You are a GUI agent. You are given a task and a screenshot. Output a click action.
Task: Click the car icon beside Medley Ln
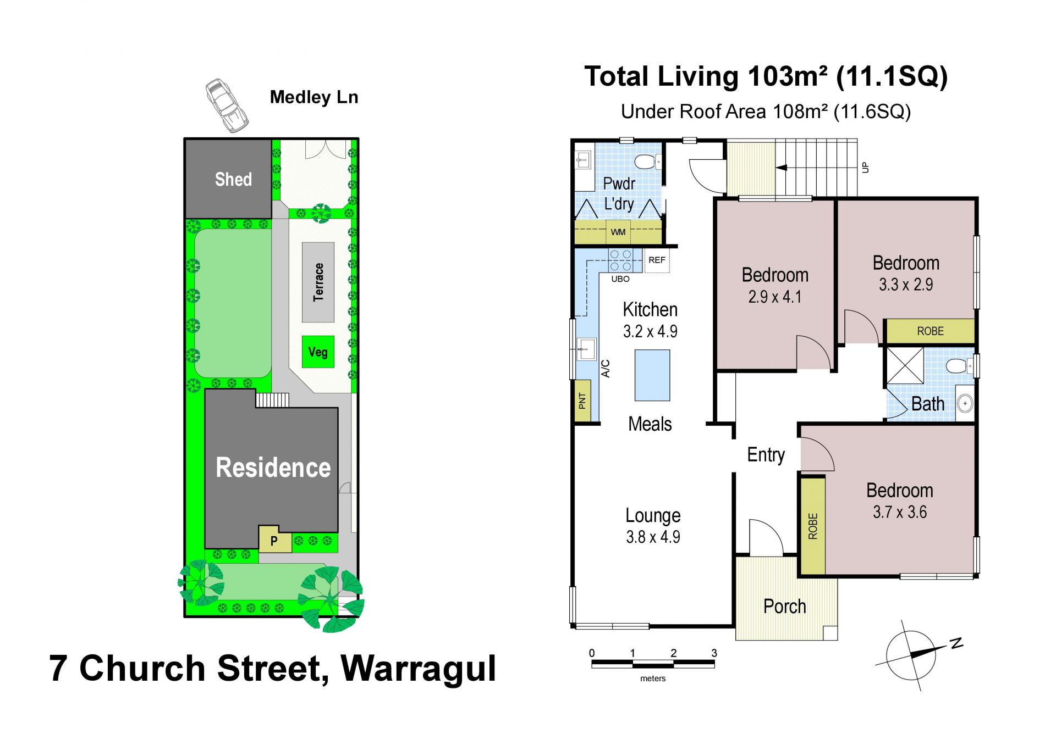[227, 105]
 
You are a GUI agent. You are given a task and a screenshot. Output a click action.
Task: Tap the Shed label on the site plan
[233, 179]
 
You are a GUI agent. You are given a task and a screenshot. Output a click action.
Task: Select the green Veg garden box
[318, 352]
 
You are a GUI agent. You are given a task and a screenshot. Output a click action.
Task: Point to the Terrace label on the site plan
[318, 282]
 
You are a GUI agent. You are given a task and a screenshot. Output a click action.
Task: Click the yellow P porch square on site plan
[274, 540]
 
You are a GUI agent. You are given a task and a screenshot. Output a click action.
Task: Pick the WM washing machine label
[618, 232]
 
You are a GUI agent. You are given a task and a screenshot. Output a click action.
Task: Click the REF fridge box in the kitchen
[657, 260]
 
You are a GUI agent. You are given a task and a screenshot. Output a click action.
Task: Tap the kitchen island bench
[652, 375]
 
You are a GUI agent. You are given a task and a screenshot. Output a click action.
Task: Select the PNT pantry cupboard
[582, 401]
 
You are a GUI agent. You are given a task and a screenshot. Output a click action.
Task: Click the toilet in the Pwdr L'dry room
[647, 162]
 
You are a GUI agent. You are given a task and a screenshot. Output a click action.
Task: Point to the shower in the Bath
[905, 365]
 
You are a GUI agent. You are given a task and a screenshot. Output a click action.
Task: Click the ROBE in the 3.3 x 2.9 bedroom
[930, 331]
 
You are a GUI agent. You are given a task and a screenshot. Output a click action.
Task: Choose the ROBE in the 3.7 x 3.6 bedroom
[813, 526]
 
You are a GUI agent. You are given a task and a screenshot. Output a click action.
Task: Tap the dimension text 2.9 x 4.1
[774, 297]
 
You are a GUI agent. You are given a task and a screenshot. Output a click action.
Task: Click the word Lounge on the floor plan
[653, 515]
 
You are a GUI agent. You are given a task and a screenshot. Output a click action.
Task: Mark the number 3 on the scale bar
[714, 653]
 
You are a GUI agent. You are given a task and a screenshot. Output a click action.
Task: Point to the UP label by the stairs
[865, 167]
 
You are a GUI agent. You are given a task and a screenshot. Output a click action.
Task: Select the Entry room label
[766, 455]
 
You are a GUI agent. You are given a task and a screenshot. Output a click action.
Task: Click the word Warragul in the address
[419, 668]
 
